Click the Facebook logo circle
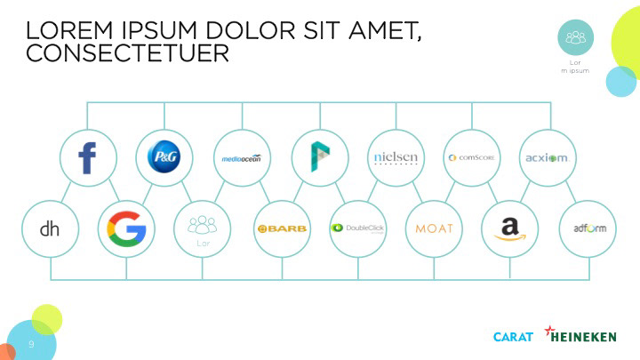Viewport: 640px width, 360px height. click(x=87, y=158)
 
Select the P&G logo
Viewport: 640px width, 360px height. click(x=164, y=158)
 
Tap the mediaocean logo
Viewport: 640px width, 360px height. click(x=241, y=158)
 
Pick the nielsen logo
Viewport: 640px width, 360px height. click(x=395, y=158)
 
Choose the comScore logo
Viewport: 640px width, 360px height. click(x=471, y=158)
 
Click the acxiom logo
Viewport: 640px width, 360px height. click(x=547, y=158)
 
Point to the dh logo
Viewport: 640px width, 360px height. click(x=50, y=228)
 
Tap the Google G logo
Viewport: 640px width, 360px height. click(x=126, y=228)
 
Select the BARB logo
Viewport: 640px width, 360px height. click(x=282, y=228)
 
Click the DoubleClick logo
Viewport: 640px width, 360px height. click(x=357, y=228)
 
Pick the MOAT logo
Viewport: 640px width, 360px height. click(x=434, y=228)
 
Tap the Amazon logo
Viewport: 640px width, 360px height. click(x=509, y=228)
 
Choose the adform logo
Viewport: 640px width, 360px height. click(x=587, y=228)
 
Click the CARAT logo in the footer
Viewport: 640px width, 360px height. click(x=513, y=336)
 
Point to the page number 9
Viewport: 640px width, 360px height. click(x=31, y=343)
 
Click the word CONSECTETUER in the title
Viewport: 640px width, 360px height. click(x=127, y=54)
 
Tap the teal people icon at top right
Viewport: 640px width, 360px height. click(x=576, y=37)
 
